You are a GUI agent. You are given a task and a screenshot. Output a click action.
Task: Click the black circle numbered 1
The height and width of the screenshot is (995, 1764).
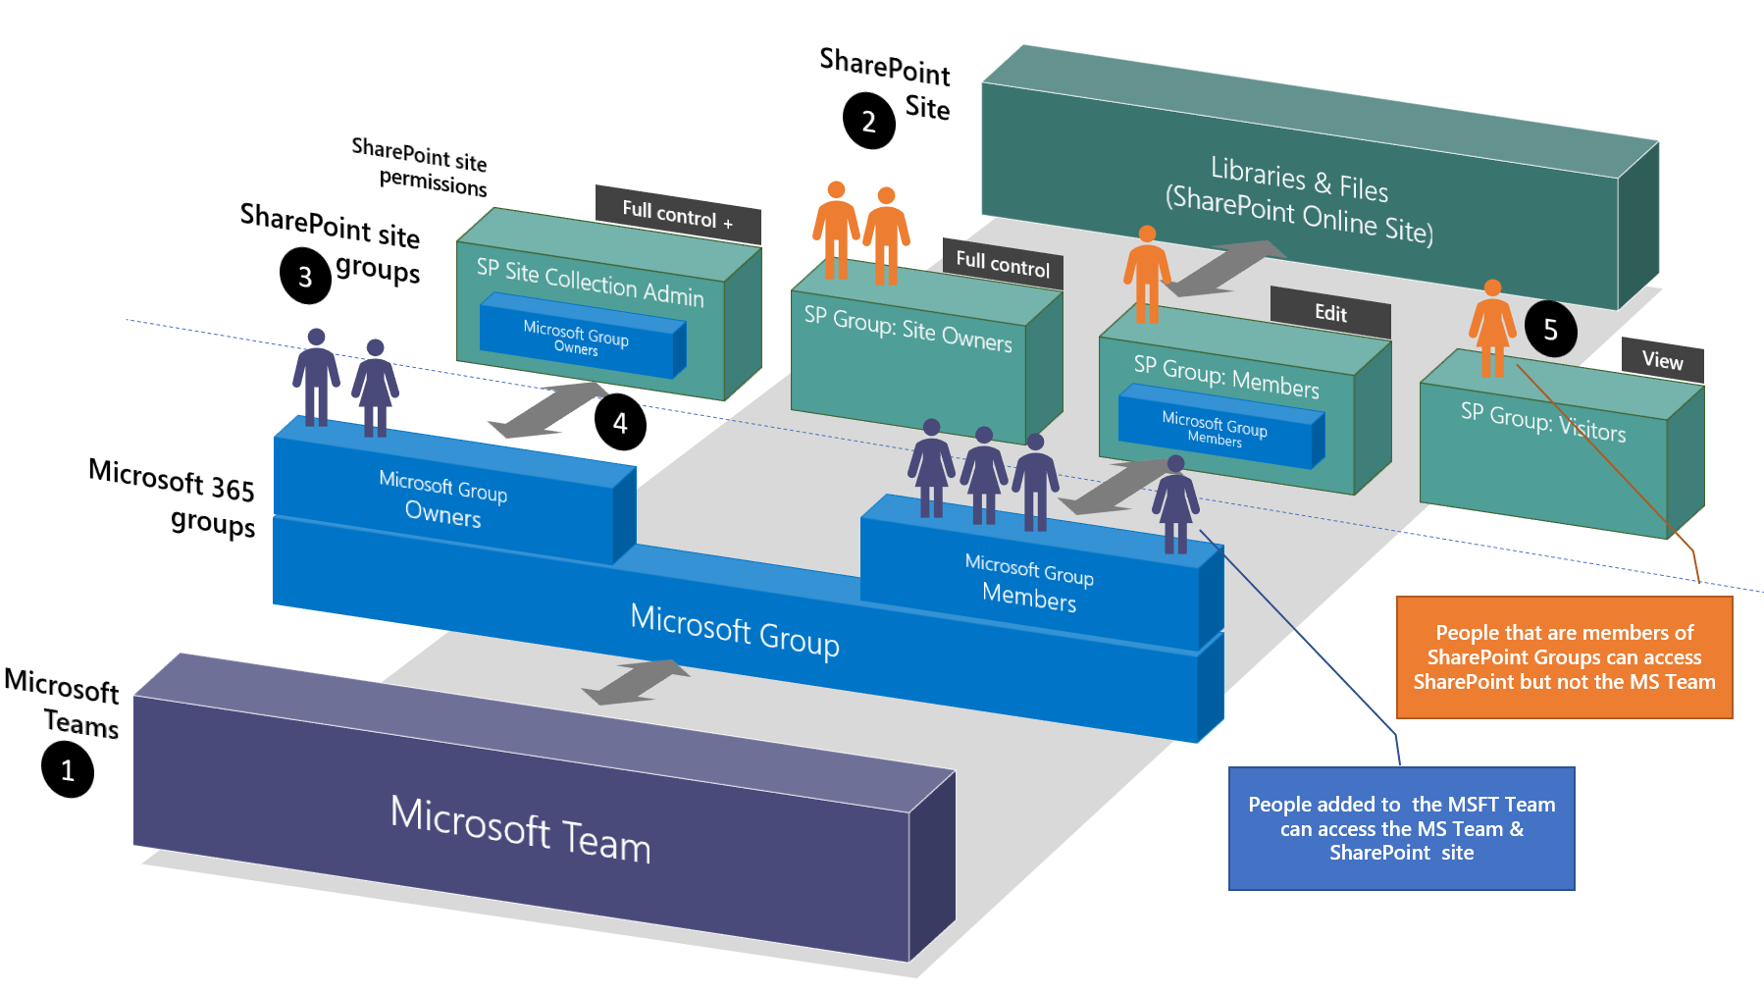(68, 770)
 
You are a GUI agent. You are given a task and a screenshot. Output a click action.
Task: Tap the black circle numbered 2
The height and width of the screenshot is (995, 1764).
(868, 121)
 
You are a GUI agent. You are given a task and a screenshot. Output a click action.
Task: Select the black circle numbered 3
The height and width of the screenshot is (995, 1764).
(305, 277)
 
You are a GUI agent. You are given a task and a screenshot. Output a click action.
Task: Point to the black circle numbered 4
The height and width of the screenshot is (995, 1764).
(620, 423)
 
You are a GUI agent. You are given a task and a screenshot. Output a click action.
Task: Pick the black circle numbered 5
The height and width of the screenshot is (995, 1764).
(1550, 330)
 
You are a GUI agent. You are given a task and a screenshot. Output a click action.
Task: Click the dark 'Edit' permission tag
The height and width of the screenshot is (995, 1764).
(1330, 313)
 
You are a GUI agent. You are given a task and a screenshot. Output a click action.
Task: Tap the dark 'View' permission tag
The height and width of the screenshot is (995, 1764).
(1662, 360)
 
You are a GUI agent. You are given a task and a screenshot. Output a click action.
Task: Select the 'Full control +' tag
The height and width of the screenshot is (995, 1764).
(677, 214)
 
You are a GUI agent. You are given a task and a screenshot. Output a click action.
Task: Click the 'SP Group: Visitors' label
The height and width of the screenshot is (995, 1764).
(1542, 423)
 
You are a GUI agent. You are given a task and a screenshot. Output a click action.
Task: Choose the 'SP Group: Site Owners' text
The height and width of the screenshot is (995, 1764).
(908, 329)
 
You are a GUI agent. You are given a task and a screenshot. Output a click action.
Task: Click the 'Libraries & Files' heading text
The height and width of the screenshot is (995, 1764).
(1299, 180)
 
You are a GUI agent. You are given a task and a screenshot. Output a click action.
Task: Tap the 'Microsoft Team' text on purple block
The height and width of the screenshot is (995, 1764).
(520, 829)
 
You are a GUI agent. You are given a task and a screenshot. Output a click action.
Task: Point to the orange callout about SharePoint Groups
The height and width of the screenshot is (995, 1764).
(1564, 657)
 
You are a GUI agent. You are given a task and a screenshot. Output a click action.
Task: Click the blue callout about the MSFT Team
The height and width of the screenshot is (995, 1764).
(1401, 828)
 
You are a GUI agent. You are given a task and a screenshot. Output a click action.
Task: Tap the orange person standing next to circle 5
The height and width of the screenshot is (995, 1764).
(1492, 329)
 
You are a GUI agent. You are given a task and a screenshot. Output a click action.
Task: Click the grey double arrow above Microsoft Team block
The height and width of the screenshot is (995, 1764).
(636, 682)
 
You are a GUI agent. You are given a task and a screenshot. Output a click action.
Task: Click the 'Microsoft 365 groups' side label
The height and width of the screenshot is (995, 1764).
(173, 497)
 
